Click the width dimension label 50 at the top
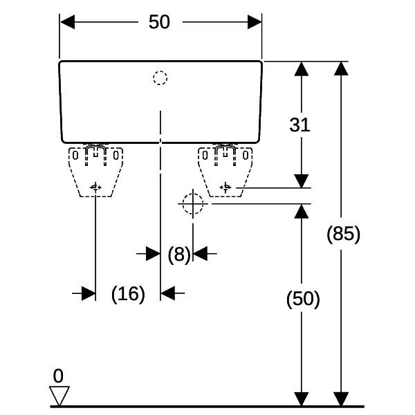coord(159,21)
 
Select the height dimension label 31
coord(299,125)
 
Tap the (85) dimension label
coord(343,234)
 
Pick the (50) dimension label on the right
coord(303,299)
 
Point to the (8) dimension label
coord(179,255)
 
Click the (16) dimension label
coord(128,294)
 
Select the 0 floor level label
coord(58,376)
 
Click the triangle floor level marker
coord(59,396)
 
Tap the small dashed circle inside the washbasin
coord(160,78)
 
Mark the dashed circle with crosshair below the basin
coord(193,204)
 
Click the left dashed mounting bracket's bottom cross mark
coord(95,187)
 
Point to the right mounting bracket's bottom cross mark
coord(225,187)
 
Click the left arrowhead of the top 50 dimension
coord(67,22)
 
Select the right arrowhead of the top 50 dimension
coord(255,22)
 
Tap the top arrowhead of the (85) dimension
coord(341,68)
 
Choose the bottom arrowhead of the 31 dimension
coord(302,181)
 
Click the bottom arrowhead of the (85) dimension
coord(341,399)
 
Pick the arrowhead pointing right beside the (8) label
coord(154,254)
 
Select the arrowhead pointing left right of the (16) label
coord(168,293)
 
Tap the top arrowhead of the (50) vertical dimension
coord(302,212)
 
